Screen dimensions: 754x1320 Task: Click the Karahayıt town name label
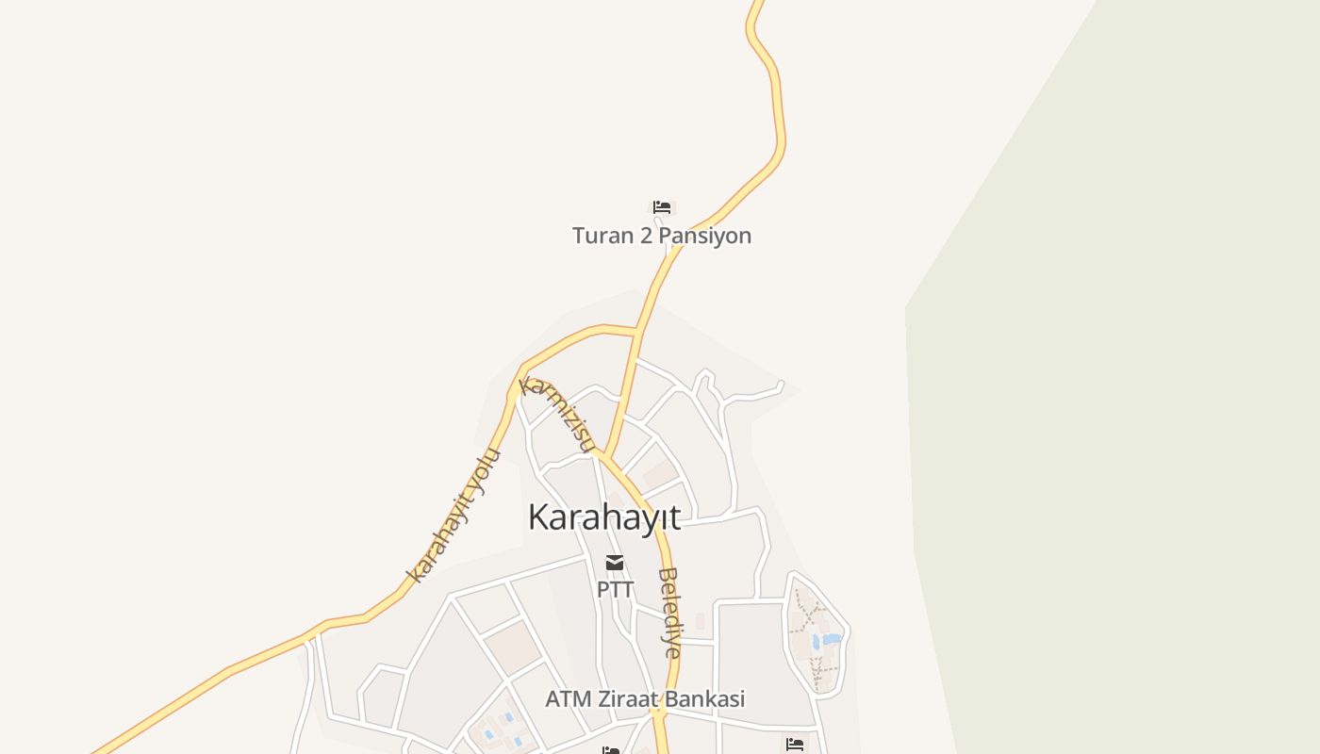coord(603,517)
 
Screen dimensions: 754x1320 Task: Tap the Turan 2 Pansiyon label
coord(661,236)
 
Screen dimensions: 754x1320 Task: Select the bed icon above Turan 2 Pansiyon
coord(662,207)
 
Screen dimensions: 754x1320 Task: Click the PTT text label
coord(615,589)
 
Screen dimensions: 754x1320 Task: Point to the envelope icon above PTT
coord(615,563)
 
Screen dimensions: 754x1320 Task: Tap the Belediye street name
coord(669,612)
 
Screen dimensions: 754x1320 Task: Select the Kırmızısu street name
coord(558,415)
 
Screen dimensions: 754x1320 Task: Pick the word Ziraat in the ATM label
coord(638,699)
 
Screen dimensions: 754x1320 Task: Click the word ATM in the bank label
coord(569,699)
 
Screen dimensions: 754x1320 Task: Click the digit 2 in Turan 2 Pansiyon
coord(646,236)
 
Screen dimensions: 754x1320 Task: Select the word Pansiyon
coord(704,236)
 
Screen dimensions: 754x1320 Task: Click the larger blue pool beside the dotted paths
coord(831,639)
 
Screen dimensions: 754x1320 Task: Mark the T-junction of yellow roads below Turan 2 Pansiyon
coord(638,331)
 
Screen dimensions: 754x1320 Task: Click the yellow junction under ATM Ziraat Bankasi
coord(658,716)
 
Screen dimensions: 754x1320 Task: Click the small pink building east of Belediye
coord(700,620)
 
